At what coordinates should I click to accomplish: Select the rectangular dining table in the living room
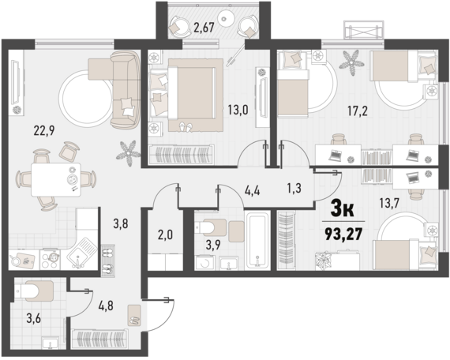(55, 180)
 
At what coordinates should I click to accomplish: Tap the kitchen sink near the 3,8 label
(80, 253)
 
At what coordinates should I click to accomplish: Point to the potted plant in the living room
(126, 149)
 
